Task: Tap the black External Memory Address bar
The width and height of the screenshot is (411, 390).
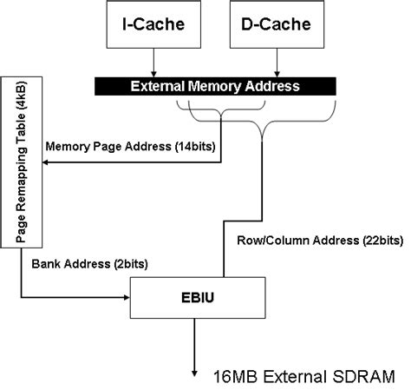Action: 214,86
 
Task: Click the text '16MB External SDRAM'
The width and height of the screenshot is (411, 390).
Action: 303,375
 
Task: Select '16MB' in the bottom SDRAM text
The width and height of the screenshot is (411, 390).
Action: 233,375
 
